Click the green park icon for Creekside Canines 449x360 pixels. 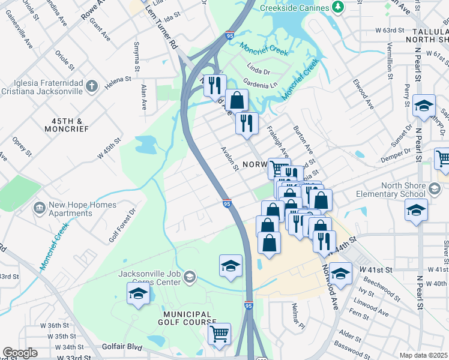click(x=338, y=7)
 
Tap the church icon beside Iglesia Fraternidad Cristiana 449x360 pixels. click(x=91, y=86)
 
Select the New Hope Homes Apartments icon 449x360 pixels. click(x=40, y=208)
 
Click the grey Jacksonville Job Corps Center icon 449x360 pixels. click(x=190, y=276)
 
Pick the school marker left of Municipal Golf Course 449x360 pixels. click(x=137, y=294)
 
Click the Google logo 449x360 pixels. click(x=20, y=353)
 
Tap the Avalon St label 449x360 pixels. click(x=230, y=158)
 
